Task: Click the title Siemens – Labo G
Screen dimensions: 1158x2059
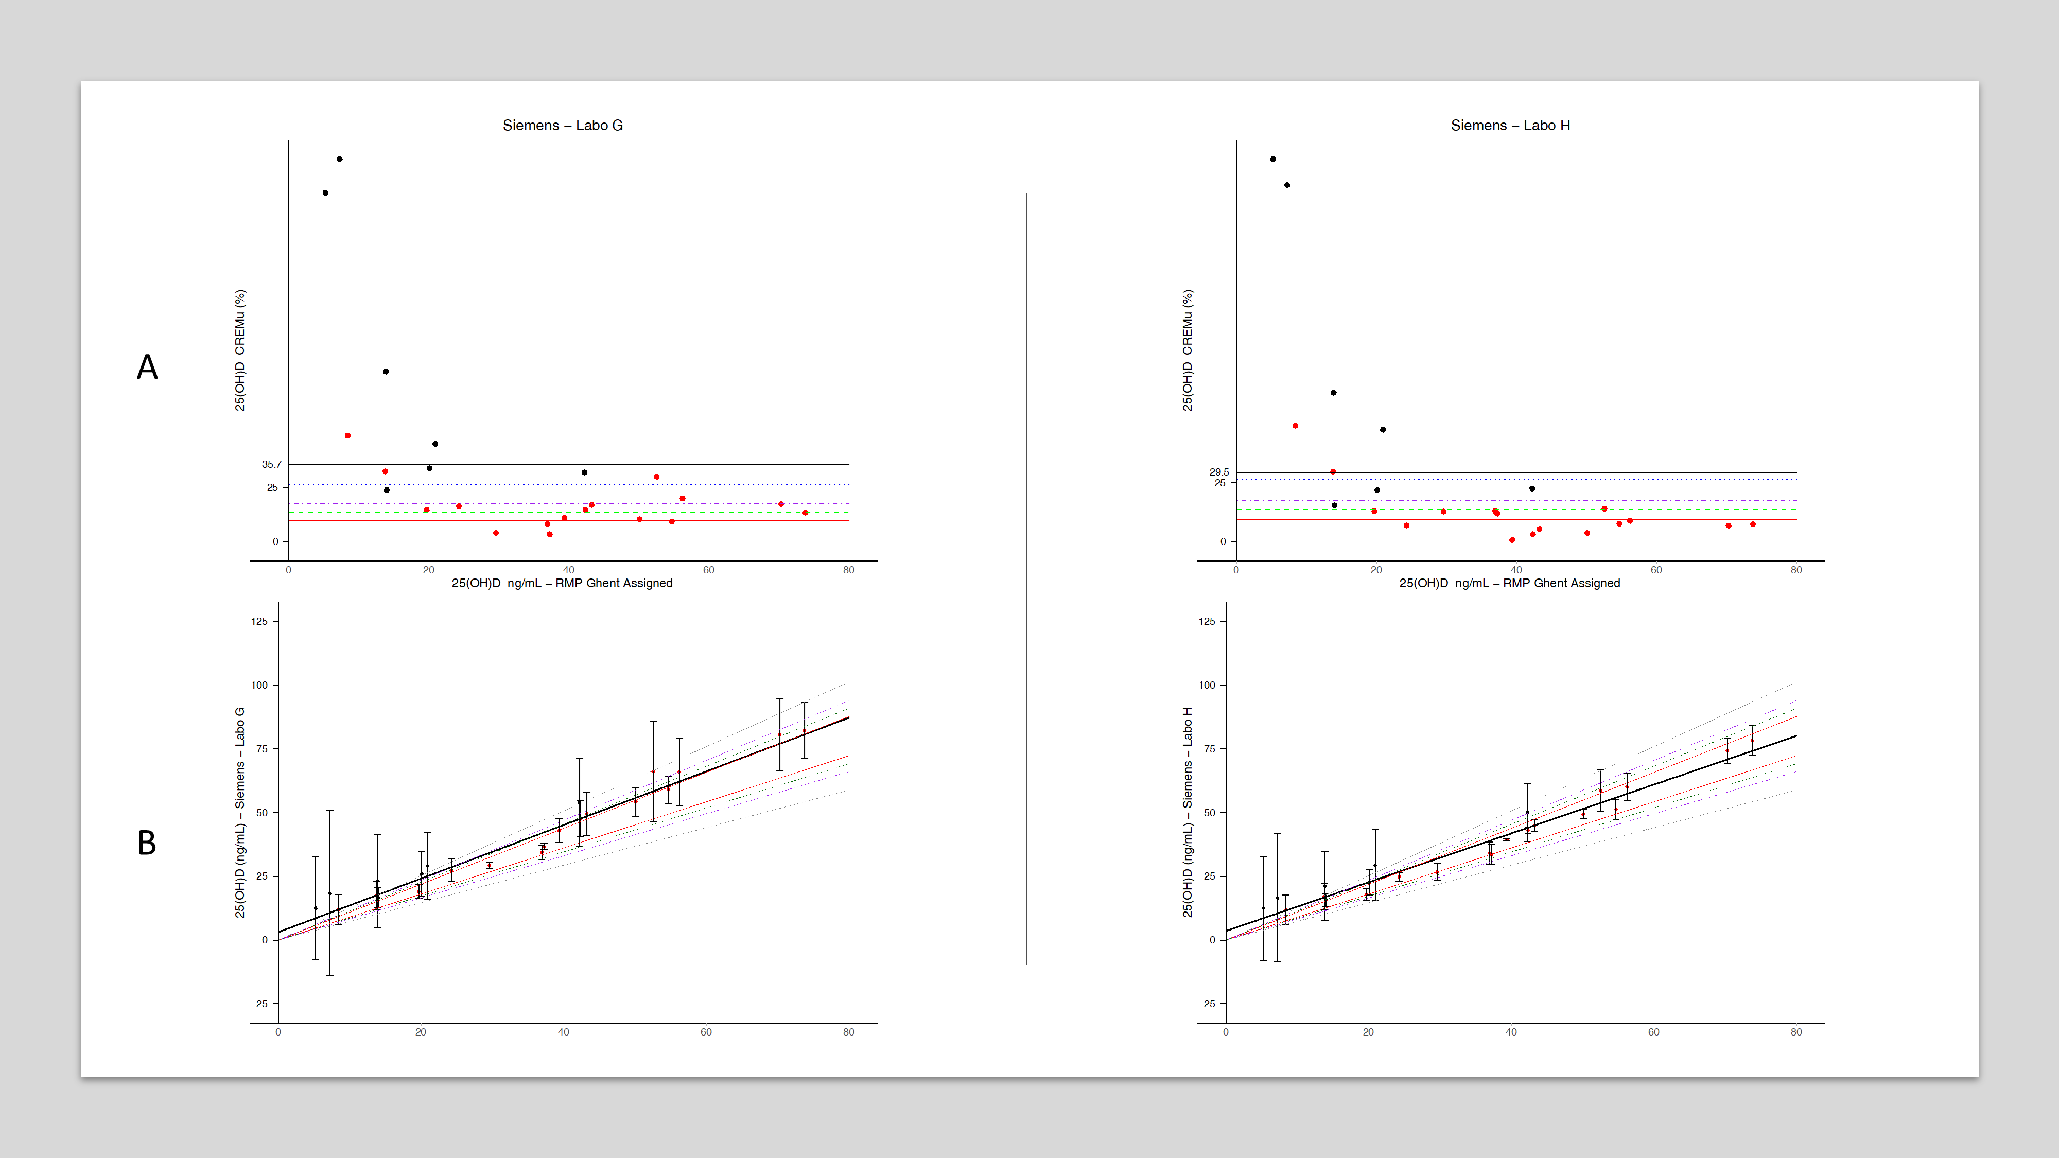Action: tap(562, 126)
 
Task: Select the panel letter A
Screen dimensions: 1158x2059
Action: tap(147, 367)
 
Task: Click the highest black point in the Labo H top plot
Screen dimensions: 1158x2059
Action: tap(1273, 159)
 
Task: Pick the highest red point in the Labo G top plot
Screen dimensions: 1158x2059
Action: tap(347, 435)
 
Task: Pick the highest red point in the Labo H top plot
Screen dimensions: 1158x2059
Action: tap(1295, 426)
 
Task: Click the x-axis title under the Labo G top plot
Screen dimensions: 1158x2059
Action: tap(562, 584)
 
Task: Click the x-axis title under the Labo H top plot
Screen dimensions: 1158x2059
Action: tap(1509, 584)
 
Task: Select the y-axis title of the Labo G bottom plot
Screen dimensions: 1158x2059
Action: tap(240, 812)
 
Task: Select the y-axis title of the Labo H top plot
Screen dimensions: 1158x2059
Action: tap(1187, 351)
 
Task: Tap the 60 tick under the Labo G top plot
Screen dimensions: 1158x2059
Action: tap(708, 570)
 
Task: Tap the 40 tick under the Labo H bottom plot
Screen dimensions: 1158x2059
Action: tap(1511, 1032)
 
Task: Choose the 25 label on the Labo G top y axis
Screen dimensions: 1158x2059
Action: tap(273, 487)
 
